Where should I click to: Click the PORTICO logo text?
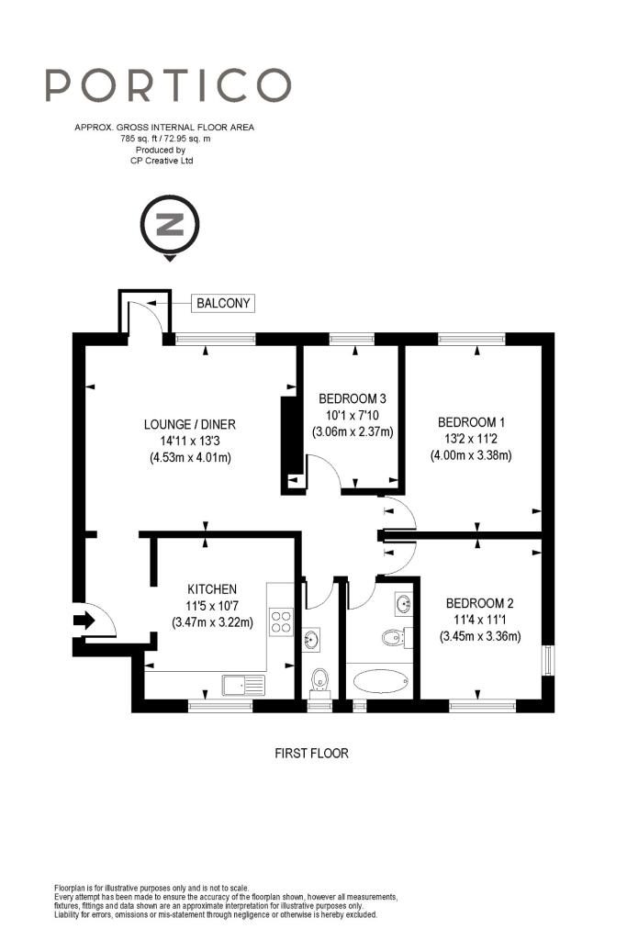pyautogui.click(x=168, y=84)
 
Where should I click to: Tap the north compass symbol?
pyautogui.click(x=170, y=228)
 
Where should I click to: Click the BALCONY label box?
pyautogui.click(x=223, y=303)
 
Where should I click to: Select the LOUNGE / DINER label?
pyautogui.click(x=189, y=424)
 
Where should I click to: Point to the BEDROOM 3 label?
pyautogui.click(x=353, y=398)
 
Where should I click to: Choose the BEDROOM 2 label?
pyautogui.click(x=479, y=603)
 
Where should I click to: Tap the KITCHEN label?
pyautogui.click(x=212, y=589)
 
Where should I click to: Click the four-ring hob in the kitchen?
pyautogui.click(x=281, y=621)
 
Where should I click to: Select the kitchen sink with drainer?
pyautogui.click(x=243, y=685)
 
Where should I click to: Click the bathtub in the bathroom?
pyautogui.click(x=381, y=681)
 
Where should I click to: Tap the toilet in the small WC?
pyautogui.click(x=320, y=683)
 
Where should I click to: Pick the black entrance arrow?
pyautogui.click(x=84, y=620)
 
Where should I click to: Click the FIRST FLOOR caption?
pyautogui.click(x=312, y=753)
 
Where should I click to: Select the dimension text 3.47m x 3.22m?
pyautogui.click(x=212, y=622)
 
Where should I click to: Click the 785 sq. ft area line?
pyautogui.click(x=165, y=139)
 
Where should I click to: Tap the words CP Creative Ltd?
pyautogui.click(x=162, y=161)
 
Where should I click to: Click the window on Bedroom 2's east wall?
pyautogui.click(x=548, y=660)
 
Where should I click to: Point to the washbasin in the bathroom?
pyautogui.click(x=403, y=604)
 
